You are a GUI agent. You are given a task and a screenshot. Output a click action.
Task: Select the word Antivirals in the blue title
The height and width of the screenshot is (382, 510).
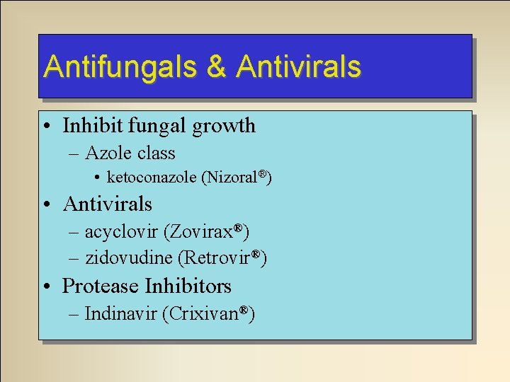299,66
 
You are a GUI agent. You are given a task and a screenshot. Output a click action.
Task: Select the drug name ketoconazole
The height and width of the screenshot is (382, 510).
152,178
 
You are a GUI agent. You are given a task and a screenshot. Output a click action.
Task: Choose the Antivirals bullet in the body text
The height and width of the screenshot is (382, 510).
107,204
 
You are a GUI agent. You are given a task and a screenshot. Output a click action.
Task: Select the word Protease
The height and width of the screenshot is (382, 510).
101,286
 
